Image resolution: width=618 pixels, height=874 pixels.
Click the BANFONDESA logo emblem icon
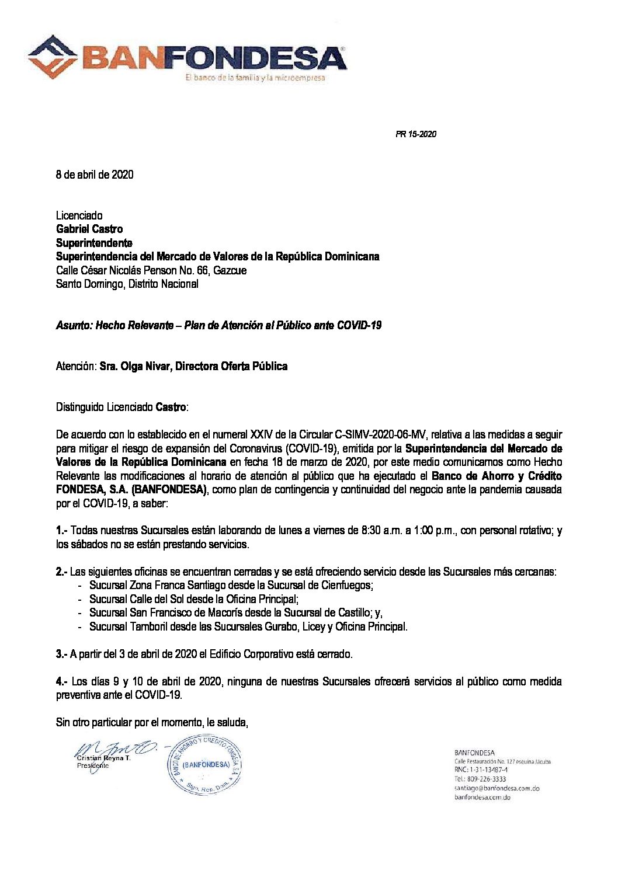coord(55,57)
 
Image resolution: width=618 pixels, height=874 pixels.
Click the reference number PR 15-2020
coord(416,134)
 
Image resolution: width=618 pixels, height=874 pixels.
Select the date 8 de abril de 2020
coord(95,175)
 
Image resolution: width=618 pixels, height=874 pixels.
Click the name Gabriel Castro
coord(89,229)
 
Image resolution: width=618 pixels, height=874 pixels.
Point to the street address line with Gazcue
coord(151,270)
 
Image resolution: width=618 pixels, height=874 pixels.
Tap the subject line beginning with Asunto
coord(218,325)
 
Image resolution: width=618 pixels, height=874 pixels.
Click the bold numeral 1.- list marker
coord(62,531)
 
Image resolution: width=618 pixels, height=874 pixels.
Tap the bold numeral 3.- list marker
coord(62,654)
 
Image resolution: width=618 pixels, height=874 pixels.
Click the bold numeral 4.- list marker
coord(62,681)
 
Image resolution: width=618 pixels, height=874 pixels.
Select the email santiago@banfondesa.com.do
coord(497,788)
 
